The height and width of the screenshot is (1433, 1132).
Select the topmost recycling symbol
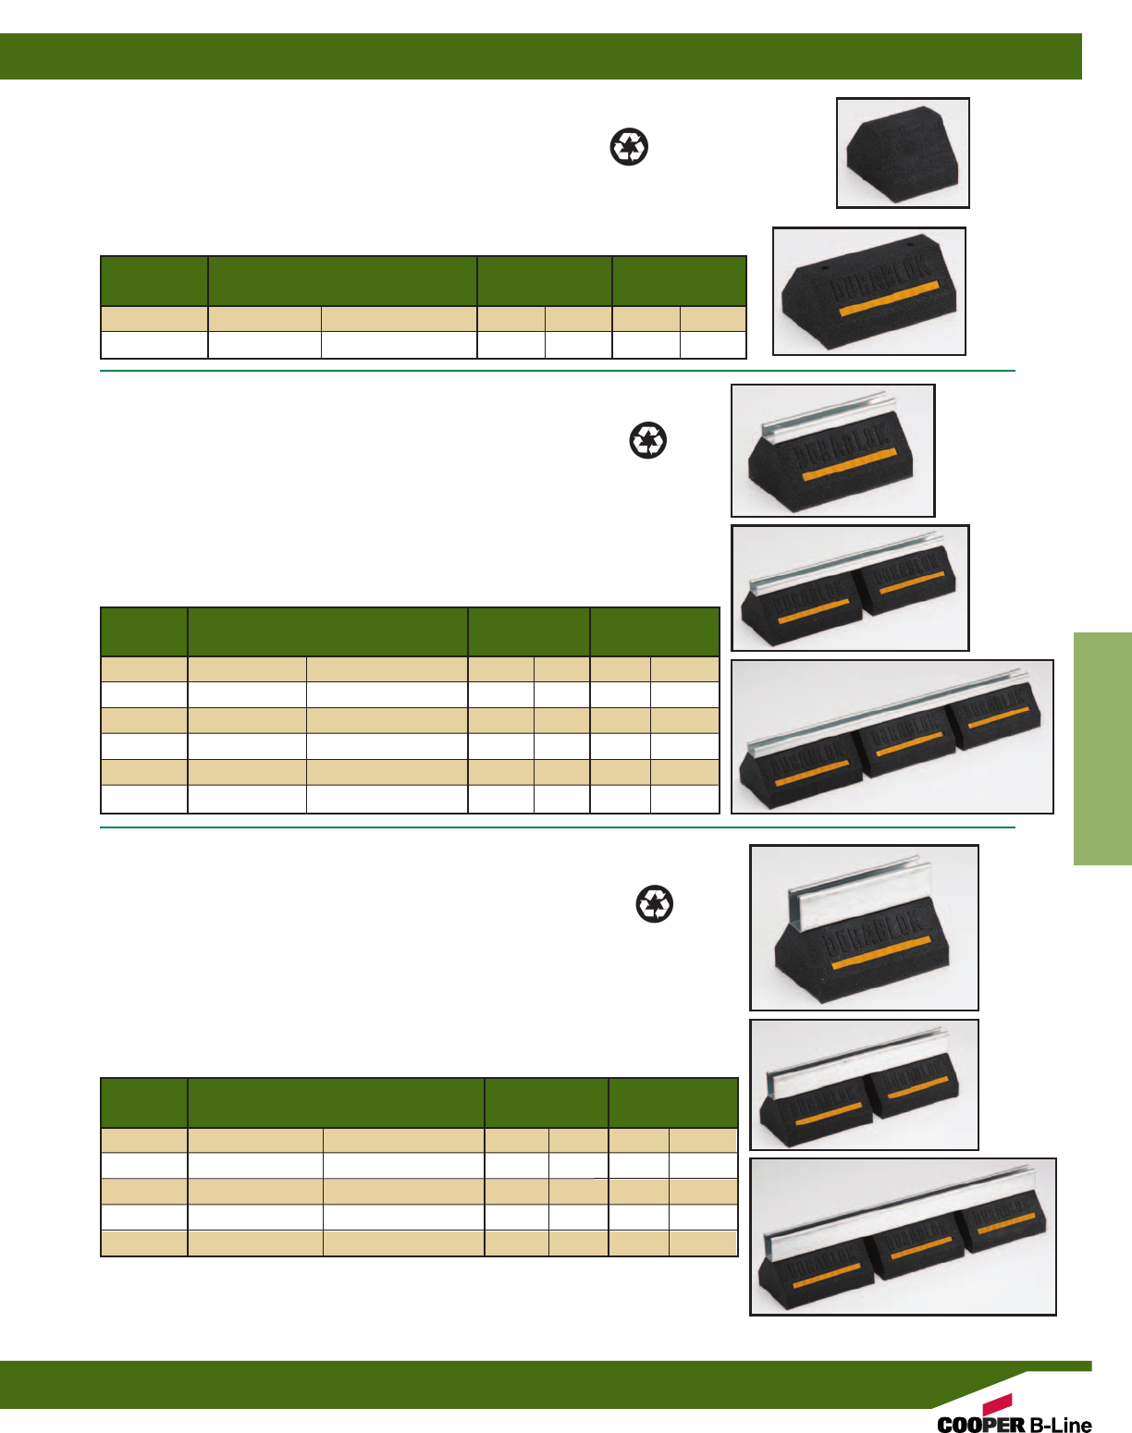[x=629, y=147]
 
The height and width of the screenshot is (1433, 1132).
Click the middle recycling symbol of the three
[x=647, y=440]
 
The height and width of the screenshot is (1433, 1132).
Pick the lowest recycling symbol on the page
[x=655, y=903]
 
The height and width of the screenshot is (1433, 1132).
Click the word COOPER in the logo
[x=981, y=1425]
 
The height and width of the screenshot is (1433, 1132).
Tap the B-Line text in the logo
[x=1061, y=1425]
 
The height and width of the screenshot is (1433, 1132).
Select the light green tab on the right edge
[x=1102, y=748]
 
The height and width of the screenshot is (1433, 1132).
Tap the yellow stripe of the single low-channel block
[x=849, y=465]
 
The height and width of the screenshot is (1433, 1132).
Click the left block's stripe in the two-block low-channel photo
[x=813, y=610]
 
